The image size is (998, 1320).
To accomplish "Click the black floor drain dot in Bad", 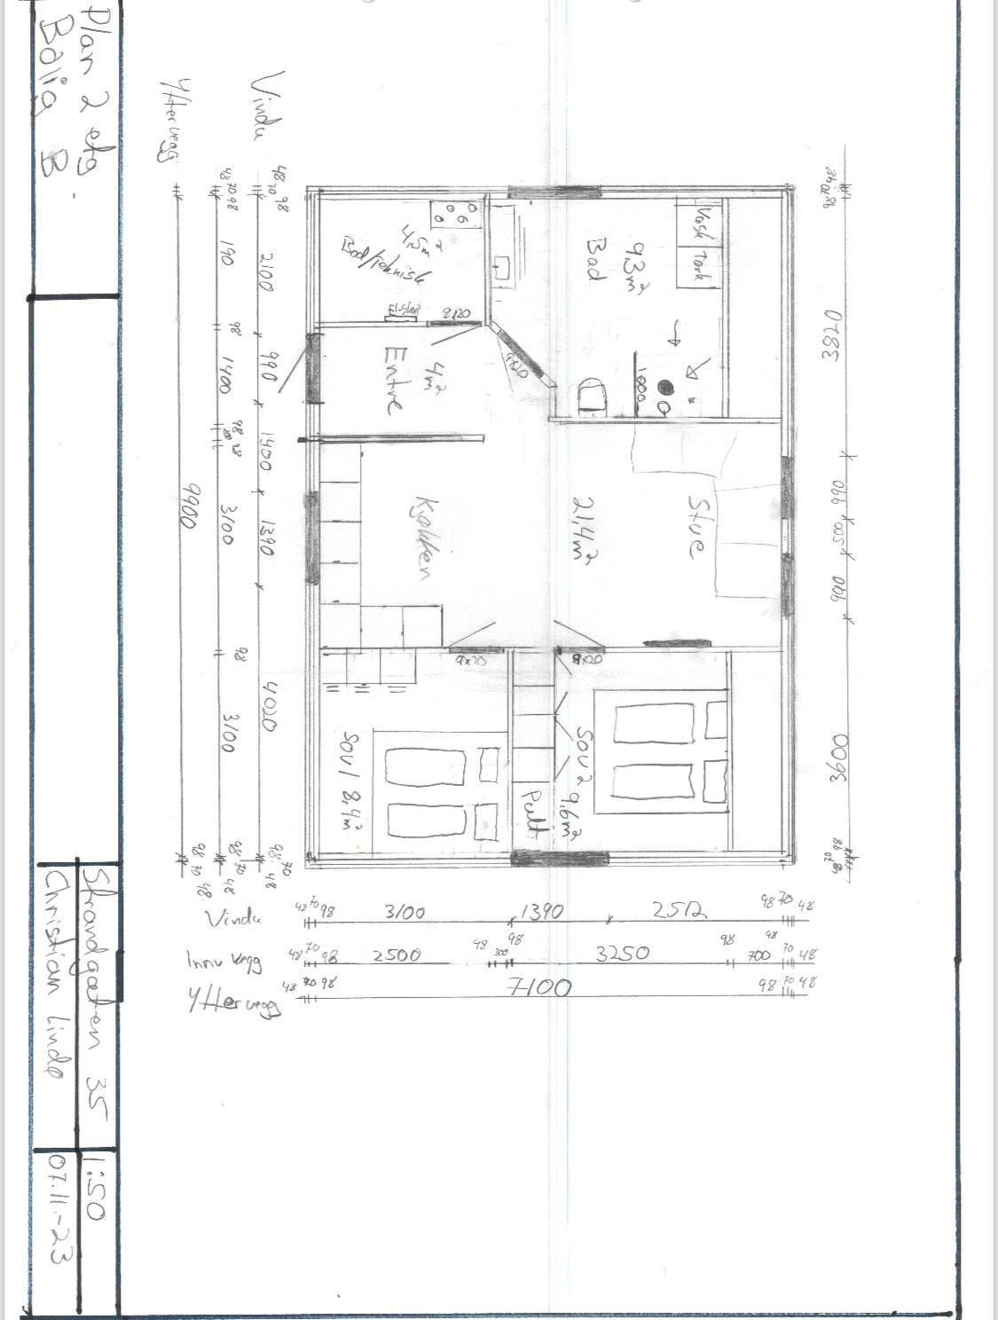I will pos(664,387).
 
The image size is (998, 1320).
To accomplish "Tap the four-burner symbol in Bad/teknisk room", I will pos(455,216).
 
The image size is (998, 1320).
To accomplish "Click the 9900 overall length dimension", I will pos(188,506).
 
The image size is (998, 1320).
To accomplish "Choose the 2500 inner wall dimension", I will pos(397,955).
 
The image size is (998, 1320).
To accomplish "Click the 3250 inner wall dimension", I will pos(622,953).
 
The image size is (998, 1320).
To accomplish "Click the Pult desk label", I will pos(531,813).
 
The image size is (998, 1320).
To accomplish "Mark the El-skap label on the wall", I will pos(396,311).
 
